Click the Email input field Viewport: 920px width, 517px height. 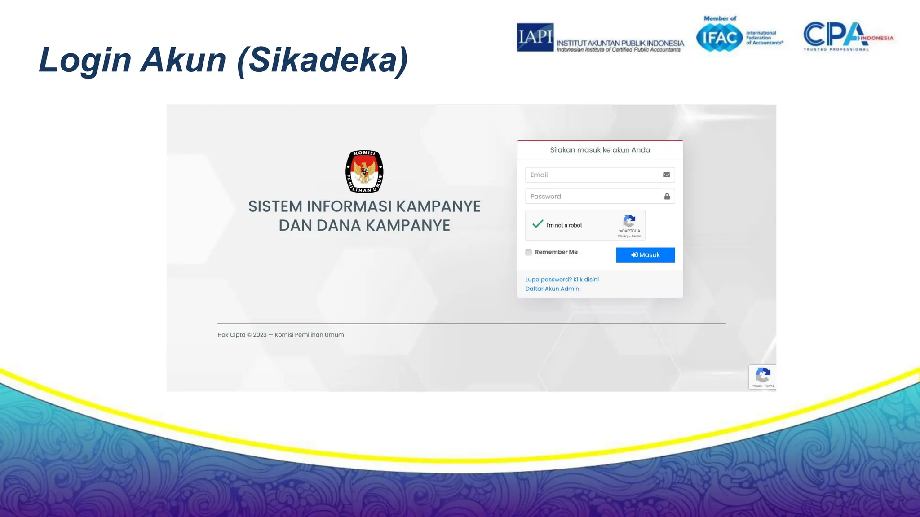(x=593, y=175)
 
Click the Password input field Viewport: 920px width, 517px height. (x=593, y=197)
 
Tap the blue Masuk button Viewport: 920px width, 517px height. (x=645, y=255)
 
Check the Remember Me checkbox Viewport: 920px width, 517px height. (x=529, y=252)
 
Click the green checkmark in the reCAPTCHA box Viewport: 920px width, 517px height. (x=538, y=224)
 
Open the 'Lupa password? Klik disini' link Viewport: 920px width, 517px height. (x=562, y=280)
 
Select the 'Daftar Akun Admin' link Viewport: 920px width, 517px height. (x=552, y=289)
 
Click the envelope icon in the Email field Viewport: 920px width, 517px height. (x=667, y=175)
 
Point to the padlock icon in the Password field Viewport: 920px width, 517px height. (x=667, y=197)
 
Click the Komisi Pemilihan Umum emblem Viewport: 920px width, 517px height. (x=364, y=171)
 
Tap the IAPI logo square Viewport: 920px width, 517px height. (x=535, y=37)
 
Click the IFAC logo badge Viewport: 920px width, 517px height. (x=719, y=38)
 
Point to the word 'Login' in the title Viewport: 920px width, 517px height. (x=84, y=60)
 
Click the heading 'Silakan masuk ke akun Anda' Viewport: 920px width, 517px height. (x=600, y=150)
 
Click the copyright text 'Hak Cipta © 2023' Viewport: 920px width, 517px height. (x=242, y=335)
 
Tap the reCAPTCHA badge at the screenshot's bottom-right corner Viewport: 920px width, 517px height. (x=762, y=377)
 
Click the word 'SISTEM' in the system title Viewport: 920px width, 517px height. (x=275, y=206)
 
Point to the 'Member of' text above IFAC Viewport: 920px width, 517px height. (x=720, y=18)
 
